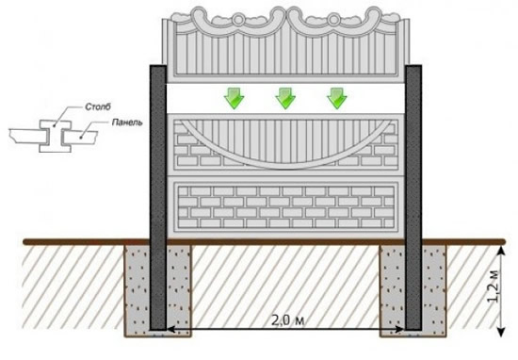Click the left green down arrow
pos(234,99)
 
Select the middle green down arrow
pos(285,99)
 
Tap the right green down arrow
pos(336,99)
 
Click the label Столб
pos(98,106)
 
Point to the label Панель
pos(127,123)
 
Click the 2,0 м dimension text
pos(288,320)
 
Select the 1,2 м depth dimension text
pos(494,286)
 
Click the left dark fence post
pos(158,197)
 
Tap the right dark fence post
pos(413,197)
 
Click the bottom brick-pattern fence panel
pos(285,207)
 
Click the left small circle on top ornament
pos(238,20)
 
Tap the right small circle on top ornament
pos(334,20)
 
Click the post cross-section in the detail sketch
pos(56,137)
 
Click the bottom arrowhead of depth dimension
pos(501,332)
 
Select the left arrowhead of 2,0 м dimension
pos(170,329)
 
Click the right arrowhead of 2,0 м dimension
pos(400,329)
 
